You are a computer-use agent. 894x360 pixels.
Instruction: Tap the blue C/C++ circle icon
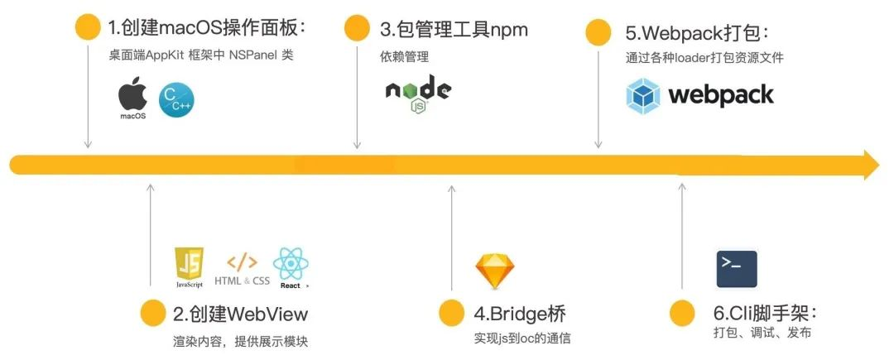point(176,101)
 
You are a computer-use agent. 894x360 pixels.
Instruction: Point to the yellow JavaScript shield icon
point(189,265)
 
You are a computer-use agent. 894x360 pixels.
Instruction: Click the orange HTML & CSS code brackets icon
point(242,263)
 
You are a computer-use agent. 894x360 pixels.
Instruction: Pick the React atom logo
point(291,265)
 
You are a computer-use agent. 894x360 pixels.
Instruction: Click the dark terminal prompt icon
point(737,268)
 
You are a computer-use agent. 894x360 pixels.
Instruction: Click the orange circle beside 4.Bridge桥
point(451,313)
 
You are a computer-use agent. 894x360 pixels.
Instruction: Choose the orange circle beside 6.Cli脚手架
point(681,313)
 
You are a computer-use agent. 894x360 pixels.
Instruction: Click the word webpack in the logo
point(720,96)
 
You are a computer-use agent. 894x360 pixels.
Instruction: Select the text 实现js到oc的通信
point(522,338)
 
